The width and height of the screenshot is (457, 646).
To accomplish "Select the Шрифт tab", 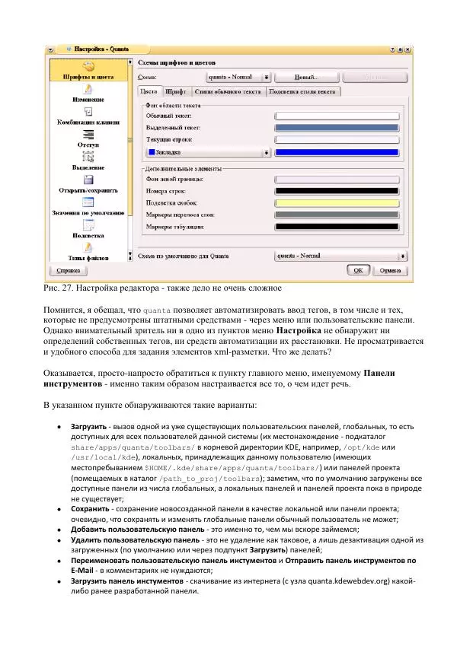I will (175, 91).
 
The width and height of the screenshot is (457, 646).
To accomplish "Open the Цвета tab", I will (149, 91).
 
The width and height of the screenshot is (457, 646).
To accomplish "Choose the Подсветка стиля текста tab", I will (302, 91).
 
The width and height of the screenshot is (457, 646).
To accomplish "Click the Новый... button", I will (306, 77).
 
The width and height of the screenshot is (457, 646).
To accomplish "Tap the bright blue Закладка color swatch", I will (337, 152).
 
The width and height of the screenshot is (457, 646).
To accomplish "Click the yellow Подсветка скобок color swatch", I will (337, 202).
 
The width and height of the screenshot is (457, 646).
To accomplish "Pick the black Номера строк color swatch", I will (337, 190).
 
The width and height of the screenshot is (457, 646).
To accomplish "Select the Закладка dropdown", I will (207, 152).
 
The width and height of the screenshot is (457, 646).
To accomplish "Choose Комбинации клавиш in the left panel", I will (88, 121).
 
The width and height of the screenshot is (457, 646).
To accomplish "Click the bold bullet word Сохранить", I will (91, 508).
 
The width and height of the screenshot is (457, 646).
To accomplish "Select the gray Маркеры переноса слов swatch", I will (337, 215).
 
